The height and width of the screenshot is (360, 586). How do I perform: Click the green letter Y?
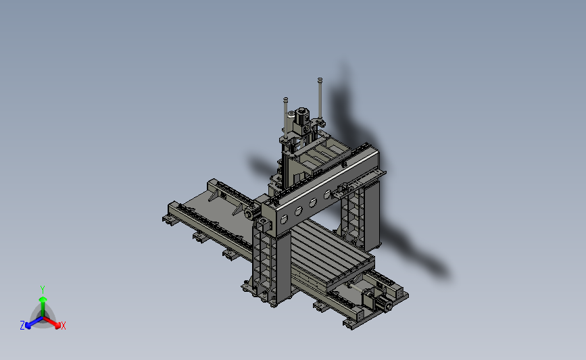click(42, 290)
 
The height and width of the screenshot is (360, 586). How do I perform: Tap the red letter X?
click(63, 326)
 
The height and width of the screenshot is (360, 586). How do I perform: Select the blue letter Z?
click(22, 326)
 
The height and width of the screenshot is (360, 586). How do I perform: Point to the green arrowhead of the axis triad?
click(43, 299)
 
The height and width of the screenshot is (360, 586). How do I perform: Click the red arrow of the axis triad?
click(52, 322)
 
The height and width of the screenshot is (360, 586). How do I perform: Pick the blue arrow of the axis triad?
click(34, 322)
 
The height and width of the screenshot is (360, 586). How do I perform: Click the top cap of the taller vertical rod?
click(320, 80)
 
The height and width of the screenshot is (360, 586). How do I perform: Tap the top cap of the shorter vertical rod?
click(285, 99)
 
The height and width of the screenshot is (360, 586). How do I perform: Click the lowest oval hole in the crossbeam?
click(284, 220)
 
